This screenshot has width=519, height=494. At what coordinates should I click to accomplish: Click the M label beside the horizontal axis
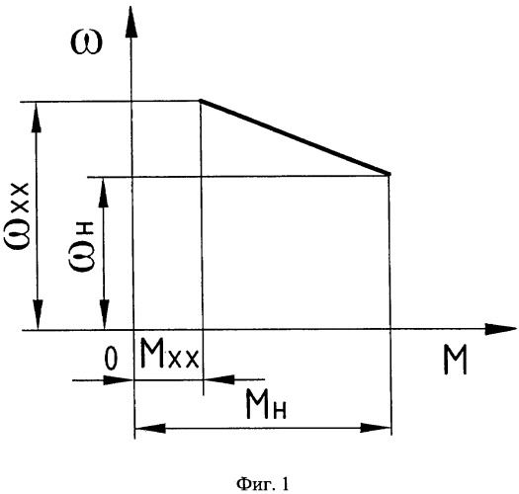pos(455,360)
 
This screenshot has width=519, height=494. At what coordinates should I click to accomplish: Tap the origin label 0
pos(111,359)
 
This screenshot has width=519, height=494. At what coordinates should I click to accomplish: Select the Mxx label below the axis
pos(169,353)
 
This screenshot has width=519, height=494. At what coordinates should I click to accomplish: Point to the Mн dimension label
pos(266,404)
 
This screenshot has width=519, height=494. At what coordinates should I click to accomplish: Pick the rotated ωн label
pos(82,246)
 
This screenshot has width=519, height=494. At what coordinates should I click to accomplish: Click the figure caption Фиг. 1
pos(262,484)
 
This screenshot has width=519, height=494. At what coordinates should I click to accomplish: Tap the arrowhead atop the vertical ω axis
pos(131,23)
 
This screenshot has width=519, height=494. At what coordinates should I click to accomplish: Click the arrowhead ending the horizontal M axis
pos(500,329)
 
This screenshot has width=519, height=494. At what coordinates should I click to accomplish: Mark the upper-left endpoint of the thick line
pos(201,100)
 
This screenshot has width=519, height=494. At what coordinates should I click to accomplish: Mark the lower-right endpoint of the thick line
pos(389,174)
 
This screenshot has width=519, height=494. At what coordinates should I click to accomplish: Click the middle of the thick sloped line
pos(295,137)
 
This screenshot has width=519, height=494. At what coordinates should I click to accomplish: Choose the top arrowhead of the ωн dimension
pos(104,192)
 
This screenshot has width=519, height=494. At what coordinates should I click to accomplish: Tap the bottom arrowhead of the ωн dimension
pos(105,314)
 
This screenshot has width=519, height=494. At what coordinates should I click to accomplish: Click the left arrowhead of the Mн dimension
pos(150,428)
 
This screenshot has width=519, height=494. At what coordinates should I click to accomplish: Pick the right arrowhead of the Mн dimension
pos(376,427)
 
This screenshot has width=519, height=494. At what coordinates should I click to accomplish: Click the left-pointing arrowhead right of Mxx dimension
pos(219,379)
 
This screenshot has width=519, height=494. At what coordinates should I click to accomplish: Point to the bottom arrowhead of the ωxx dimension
pos(39,314)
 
